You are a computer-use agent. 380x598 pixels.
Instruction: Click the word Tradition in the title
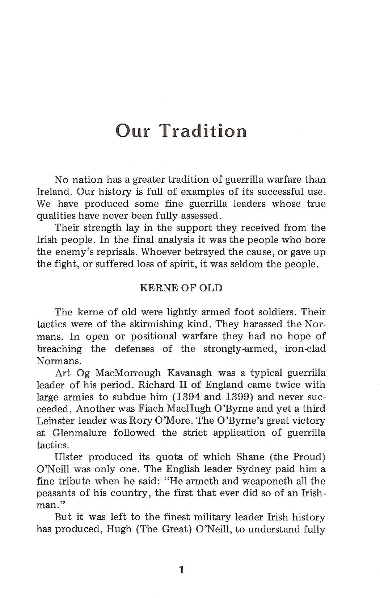[x=204, y=131]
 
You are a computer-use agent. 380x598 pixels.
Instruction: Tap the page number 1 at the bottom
[x=181, y=570]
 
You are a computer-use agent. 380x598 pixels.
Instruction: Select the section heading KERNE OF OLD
[x=181, y=288]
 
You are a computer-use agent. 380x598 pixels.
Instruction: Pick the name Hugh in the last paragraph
[x=114, y=529]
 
